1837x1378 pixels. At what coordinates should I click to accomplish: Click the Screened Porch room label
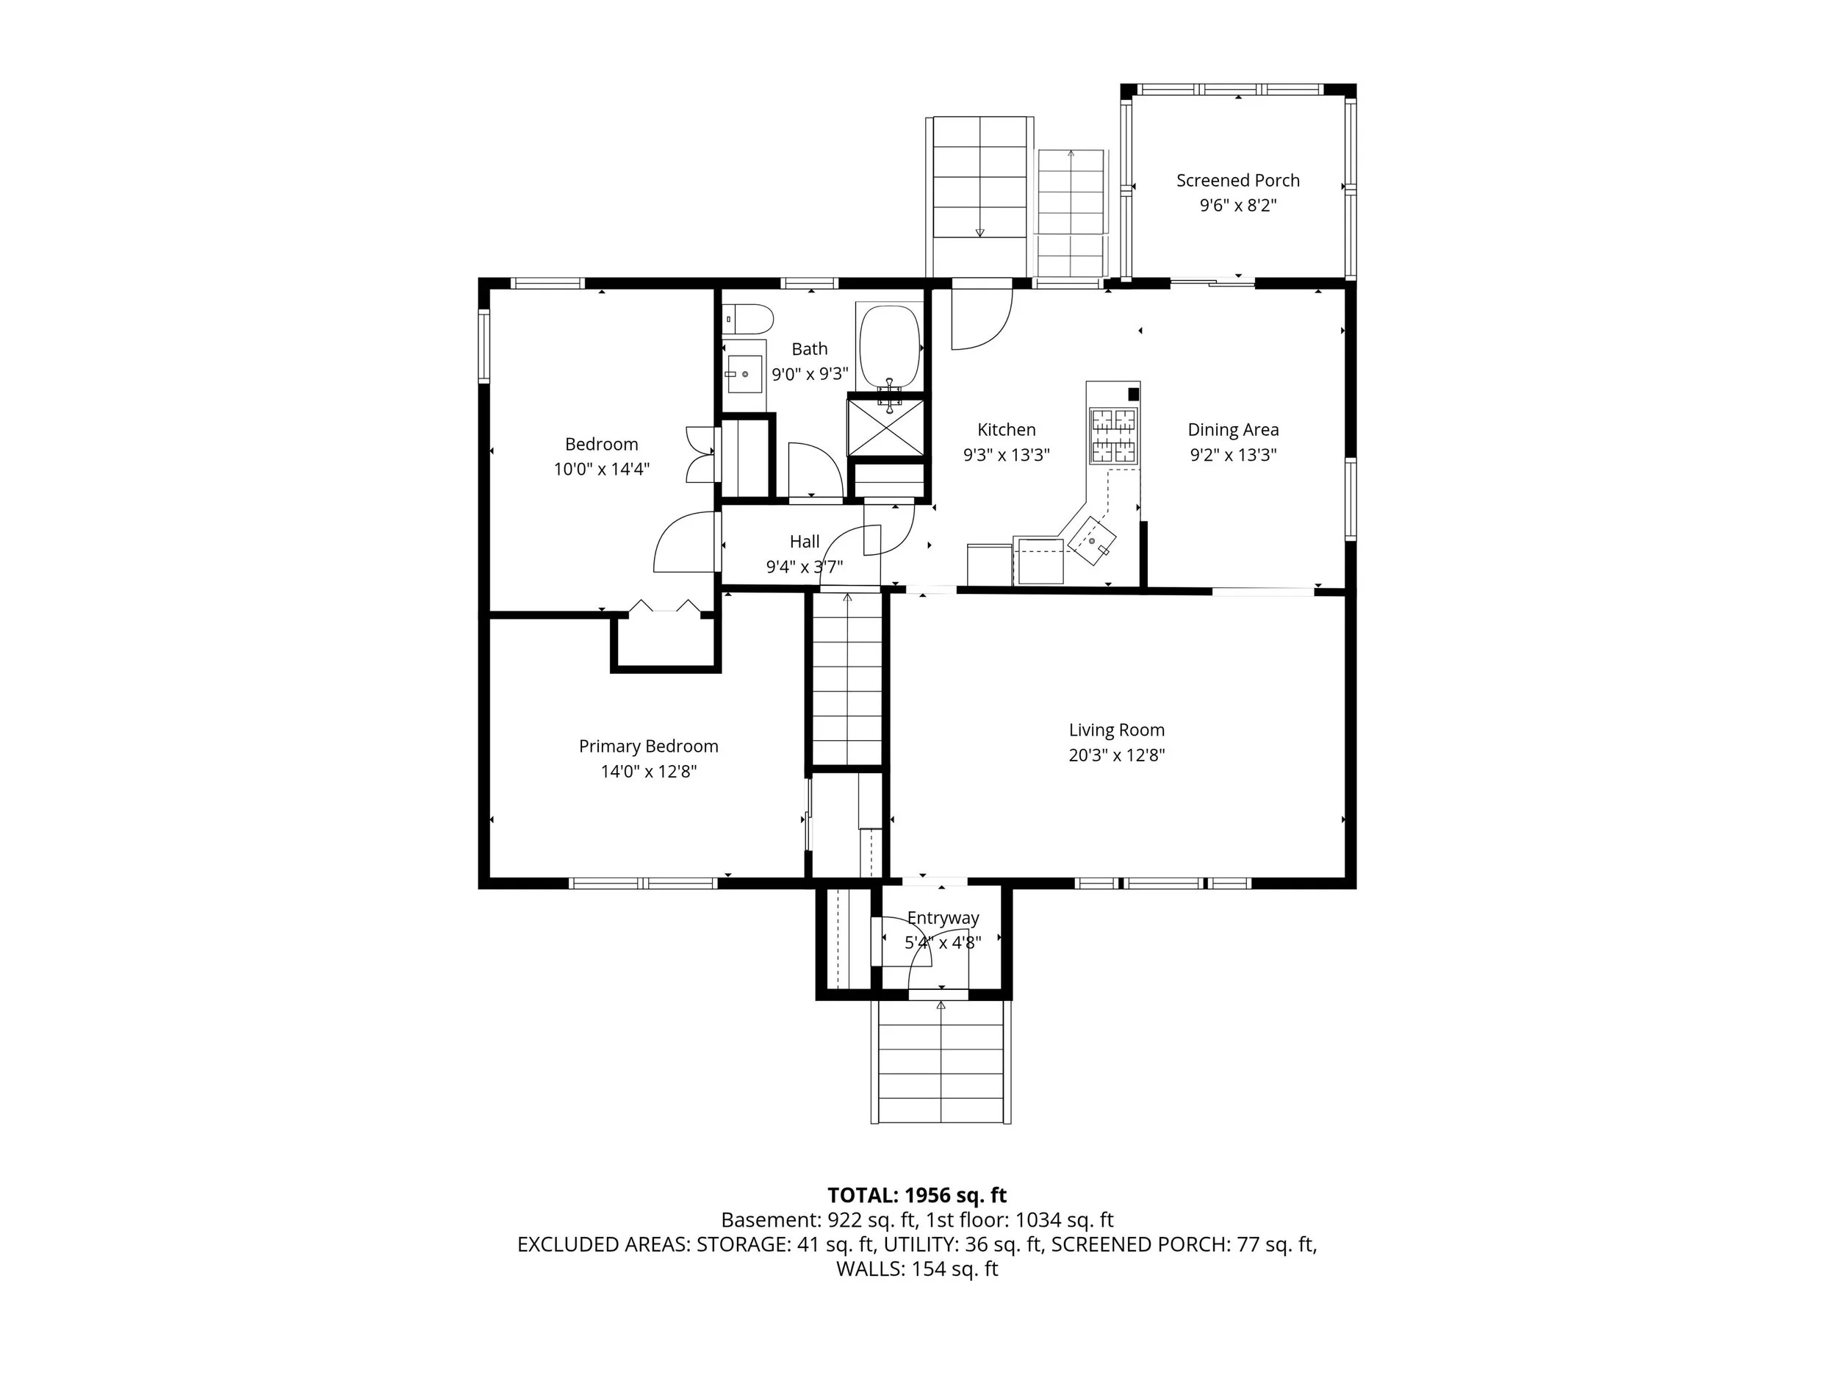[1237, 180]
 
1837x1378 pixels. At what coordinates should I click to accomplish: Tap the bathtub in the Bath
[889, 347]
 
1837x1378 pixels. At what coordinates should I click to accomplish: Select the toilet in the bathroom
[748, 318]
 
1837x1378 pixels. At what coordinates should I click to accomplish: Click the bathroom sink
[744, 375]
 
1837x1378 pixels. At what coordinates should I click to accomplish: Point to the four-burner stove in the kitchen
[1112, 435]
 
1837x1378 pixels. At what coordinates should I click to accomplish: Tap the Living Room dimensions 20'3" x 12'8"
[1116, 755]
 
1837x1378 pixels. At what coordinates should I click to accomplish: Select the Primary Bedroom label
[649, 746]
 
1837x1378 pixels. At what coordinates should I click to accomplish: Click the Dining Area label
[1233, 429]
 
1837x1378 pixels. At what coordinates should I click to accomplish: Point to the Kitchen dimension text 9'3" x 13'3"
[1007, 454]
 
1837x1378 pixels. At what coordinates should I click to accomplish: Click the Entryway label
[943, 918]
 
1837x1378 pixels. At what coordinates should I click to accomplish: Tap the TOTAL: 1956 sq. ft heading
[917, 1195]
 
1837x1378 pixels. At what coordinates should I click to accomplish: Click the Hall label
[805, 542]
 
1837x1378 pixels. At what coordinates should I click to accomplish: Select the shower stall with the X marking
[885, 427]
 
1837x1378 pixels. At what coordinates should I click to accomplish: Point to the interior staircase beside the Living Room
[846, 676]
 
